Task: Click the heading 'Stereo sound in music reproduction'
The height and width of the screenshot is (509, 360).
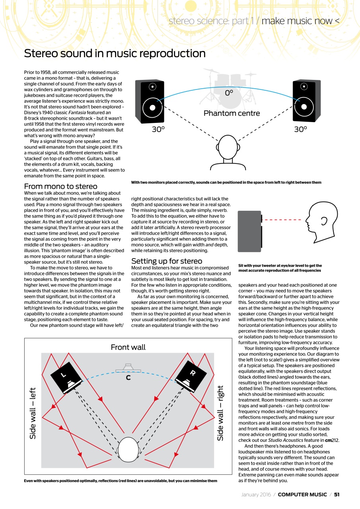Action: tap(115, 54)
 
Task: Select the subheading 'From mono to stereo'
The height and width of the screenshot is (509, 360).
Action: tap(60, 186)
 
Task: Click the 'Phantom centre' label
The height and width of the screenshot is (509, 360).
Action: tap(232, 113)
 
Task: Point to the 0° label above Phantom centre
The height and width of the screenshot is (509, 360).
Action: tap(229, 93)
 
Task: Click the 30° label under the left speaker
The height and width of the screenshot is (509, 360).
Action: tap(158, 129)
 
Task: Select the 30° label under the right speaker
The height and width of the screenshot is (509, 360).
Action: tap(300, 129)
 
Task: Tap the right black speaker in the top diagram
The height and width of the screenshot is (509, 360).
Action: tap(306, 101)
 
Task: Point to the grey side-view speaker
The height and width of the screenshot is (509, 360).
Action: tap(249, 231)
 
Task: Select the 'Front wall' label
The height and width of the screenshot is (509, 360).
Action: tap(128, 347)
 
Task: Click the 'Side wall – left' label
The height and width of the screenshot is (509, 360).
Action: tap(33, 413)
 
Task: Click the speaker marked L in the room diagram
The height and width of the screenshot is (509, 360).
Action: tap(66, 377)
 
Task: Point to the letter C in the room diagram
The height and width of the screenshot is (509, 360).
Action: tap(128, 378)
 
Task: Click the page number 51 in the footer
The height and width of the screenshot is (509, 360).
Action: tap(337, 494)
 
